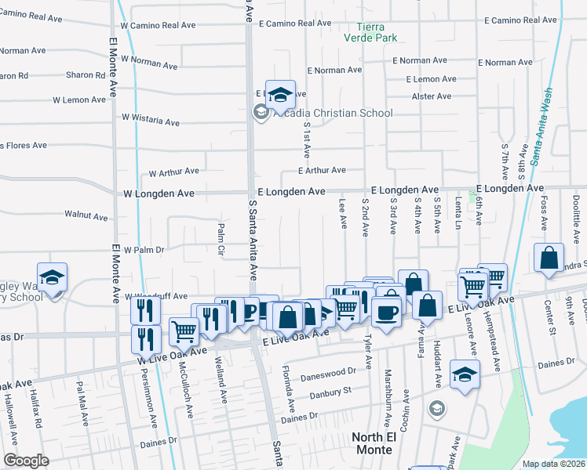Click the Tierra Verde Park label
(371, 31)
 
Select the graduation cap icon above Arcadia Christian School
(280, 96)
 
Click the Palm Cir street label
(221, 232)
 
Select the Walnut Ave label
(86, 215)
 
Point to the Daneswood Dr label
(333, 374)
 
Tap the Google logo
(26, 461)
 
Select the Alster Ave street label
(432, 96)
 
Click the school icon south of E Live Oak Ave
(465, 375)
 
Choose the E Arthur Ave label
(322, 170)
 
